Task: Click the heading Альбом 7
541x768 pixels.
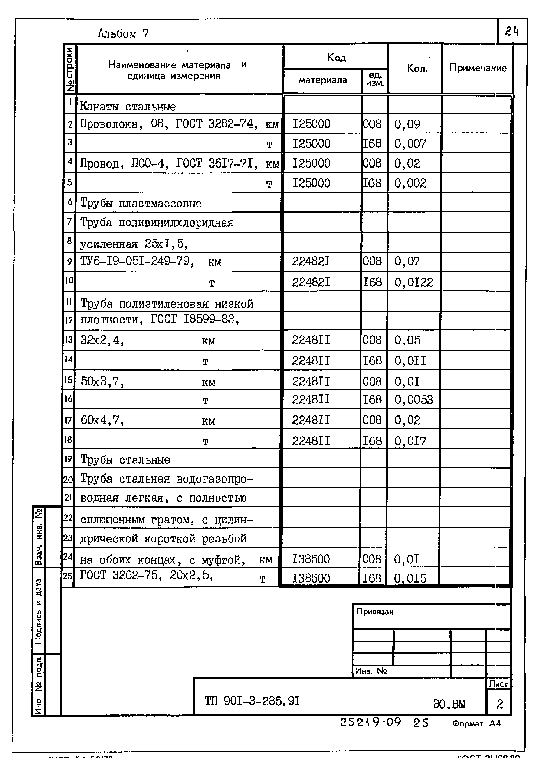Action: pyautogui.click(x=123, y=33)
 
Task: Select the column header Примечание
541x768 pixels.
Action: pyautogui.click(x=478, y=68)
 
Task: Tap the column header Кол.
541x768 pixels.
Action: pyautogui.click(x=417, y=68)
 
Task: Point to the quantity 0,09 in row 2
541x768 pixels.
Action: pyautogui.click(x=407, y=124)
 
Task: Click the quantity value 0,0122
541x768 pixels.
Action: pyautogui.click(x=413, y=283)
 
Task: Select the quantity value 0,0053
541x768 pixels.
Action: pyautogui.click(x=413, y=400)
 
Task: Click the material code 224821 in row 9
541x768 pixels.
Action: pyautogui.click(x=311, y=261)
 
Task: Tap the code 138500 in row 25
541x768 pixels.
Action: pyautogui.click(x=311, y=578)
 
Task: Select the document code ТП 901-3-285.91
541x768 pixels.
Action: pyautogui.click(x=252, y=701)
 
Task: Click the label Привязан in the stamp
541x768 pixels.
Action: pyautogui.click(x=375, y=612)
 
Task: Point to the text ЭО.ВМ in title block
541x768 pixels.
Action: pyautogui.click(x=449, y=704)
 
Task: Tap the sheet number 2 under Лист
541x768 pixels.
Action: pyautogui.click(x=499, y=704)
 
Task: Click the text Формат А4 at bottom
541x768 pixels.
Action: pyautogui.click(x=476, y=723)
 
